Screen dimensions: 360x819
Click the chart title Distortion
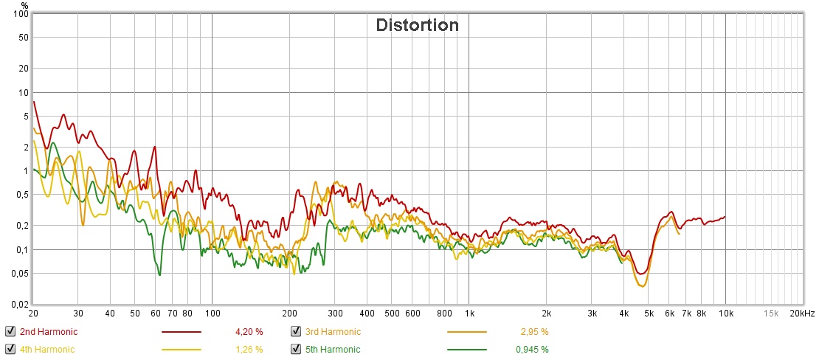tap(417, 25)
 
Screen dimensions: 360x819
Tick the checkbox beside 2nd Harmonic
tap(10, 331)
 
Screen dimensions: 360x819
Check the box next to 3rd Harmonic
tap(296, 331)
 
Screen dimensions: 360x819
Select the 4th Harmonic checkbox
tap(10, 349)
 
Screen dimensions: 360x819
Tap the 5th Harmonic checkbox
tap(296, 349)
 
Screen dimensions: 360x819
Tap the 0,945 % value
tap(531, 350)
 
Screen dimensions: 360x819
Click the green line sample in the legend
tap(467, 350)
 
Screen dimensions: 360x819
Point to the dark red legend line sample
tap(182, 332)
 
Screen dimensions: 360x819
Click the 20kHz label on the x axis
tap(802, 314)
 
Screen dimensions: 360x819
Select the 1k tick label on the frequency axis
tap(469, 314)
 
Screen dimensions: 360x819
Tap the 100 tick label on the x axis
tap(212, 314)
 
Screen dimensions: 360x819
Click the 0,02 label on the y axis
tap(19, 304)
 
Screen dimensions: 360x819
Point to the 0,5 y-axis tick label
tap(22, 195)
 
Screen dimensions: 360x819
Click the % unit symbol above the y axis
tap(24, 5)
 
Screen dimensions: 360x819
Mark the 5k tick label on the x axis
tap(649, 314)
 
